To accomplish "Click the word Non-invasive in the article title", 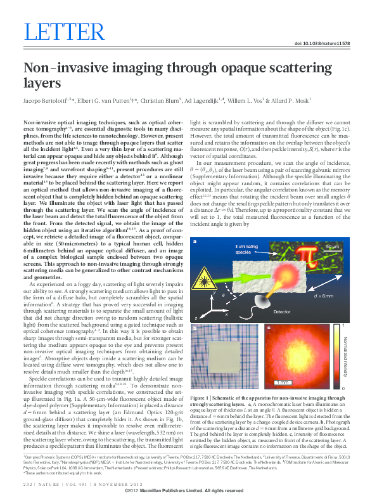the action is [x=60, y=68].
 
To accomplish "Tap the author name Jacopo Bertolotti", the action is [x=46, y=100].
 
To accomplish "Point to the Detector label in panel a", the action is [x=282, y=312].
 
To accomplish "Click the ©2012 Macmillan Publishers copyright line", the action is [x=188, y=491].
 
